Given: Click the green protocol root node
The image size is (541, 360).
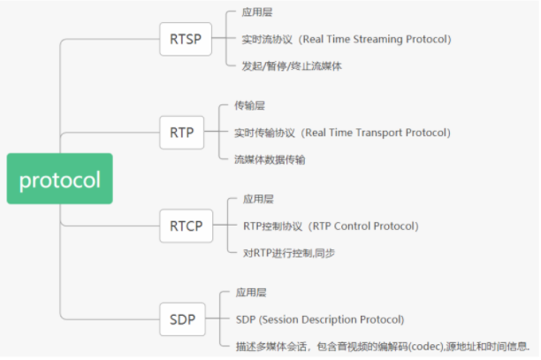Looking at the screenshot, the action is [x=60, y=179].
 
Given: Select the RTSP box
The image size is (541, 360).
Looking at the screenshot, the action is [x=186, y=39].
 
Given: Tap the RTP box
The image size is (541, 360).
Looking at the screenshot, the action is [x=182, y=133].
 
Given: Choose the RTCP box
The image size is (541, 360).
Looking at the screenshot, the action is [x=187, y=226].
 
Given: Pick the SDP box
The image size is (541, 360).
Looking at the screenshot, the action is [x=182, y=319].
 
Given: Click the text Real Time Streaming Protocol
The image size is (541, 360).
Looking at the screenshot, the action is [x=375, y=39].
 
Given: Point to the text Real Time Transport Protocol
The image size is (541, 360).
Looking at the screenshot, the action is [x=376, y=133].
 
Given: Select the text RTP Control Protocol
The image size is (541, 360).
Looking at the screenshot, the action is [x=363, y=226].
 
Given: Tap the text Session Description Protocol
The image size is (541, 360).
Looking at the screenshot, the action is [x=331, y=319].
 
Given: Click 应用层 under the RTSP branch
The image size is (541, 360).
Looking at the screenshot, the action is [x=257, y=12].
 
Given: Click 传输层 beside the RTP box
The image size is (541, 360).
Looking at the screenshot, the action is [x=249, y=105].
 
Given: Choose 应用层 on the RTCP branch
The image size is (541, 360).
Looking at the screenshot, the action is [x=258, y=199].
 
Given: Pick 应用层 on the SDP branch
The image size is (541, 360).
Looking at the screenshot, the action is [x=251, y=293].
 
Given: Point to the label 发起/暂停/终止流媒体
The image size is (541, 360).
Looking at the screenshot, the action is [x=292, y=66].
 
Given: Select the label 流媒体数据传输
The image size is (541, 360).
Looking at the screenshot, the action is [x=270, y=159].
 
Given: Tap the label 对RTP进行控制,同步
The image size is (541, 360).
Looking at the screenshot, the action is [x=289, y=253].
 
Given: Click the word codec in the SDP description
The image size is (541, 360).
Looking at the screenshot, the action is [x=426, y=346].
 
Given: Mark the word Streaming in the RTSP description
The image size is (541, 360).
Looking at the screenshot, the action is [x=377, y=39].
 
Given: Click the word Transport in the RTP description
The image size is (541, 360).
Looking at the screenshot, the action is [x=379, y=133].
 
